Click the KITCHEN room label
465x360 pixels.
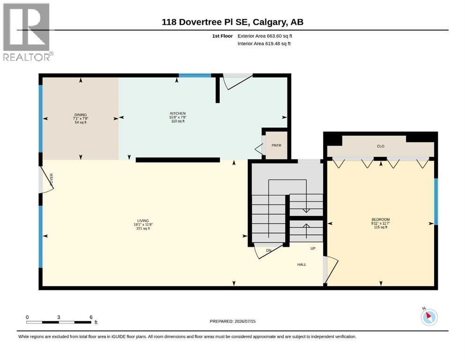pyautogui.click(x=178, y=113)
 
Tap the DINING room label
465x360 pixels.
pyautogui.click(x=81, y=115)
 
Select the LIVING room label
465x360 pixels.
pyautogui.click(x=143, y=221)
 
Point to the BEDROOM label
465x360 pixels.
pyautogui.click(x=381, y=220)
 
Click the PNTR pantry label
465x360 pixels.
pyautogui.click(x=276, y=145)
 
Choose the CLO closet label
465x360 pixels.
pyautogui.click(x=381, y=146)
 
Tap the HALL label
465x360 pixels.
pyautogui.click(x=302, y=264)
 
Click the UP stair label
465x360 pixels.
pyautogui.click(x=313, y=248)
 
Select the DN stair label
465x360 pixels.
pyautogui.click(x=268, y=250)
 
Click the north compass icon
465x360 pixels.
pyautogui.click(x=429, y=317)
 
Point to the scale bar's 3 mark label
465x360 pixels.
pyautogui.click(x=59, y=317)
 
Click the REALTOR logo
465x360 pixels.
pyautogui.click(x=27, y=32)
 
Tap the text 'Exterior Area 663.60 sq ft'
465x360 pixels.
pyautogui.click(x=265, y=36)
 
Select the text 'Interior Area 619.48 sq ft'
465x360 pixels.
pyautogui.click(x=264, y=44)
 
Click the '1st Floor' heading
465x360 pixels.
pyautogui.click(x=222, y=36)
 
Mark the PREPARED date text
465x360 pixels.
pyautogui.click(x=232, y=321)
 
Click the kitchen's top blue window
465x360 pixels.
pyautogui.click(x=195, y=75)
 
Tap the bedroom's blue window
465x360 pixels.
pyautogui.click(x=436, y=202)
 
